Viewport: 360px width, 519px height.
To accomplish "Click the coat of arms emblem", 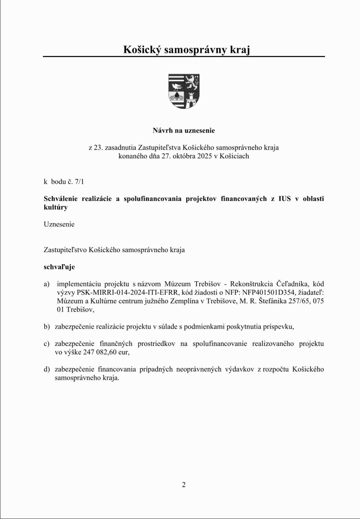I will coord(184,91).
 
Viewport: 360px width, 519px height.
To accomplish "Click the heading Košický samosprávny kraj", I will coord(186,50).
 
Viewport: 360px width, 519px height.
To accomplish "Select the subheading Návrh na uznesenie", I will coord(184,130).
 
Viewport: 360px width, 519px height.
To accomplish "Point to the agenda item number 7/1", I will coord(79,181).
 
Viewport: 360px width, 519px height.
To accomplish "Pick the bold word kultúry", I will coord(56,207).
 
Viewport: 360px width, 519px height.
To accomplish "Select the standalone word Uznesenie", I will coord(59,224).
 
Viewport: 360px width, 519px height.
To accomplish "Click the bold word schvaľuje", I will coord(59,267).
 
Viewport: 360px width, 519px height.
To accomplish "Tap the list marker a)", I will coord(46,284).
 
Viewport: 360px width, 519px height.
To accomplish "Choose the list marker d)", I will coord(47,369).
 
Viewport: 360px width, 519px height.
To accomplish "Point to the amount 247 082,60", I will coord(100,352).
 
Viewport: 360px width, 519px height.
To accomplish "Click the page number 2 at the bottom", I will coord(184,485).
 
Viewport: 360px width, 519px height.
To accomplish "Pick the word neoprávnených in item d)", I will coord(199,369).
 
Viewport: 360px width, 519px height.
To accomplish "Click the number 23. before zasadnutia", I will coord(99,148).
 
